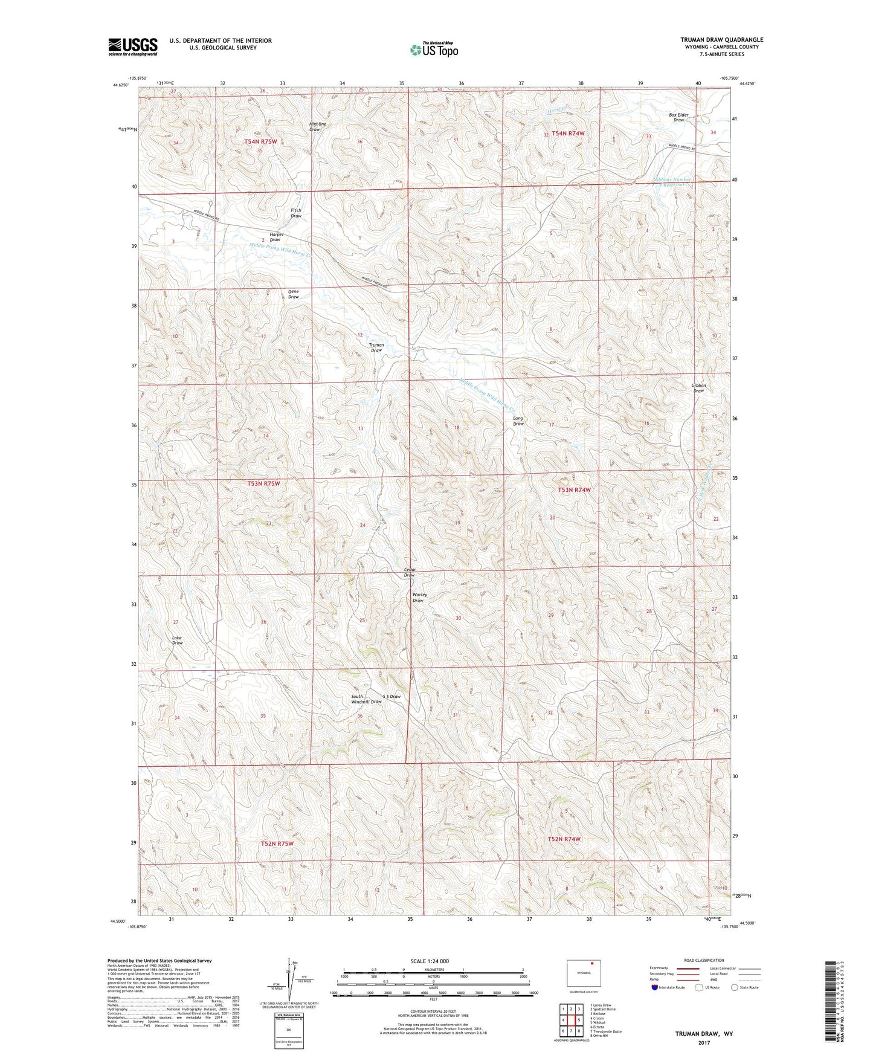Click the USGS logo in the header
click(x=133, y=47)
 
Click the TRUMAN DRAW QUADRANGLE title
click(x=721, y=40)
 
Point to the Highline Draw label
click(x=317, y=127)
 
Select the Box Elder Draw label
click(x=678, y=117)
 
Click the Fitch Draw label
click(x=296, y=213)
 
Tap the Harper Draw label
click(x=276, y=237)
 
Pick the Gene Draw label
click(x=293, y=294)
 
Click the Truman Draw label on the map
click(x=376, y=348)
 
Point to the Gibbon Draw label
click(x=698, y=388)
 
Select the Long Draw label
click(x=518, y=421)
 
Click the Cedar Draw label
click(x=410, y=572)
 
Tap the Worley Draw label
click(x=419, y=598)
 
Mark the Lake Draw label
click(x=177, y=640)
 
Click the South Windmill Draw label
click(x=367, y=699)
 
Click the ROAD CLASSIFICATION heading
click(x=704, y=960)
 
